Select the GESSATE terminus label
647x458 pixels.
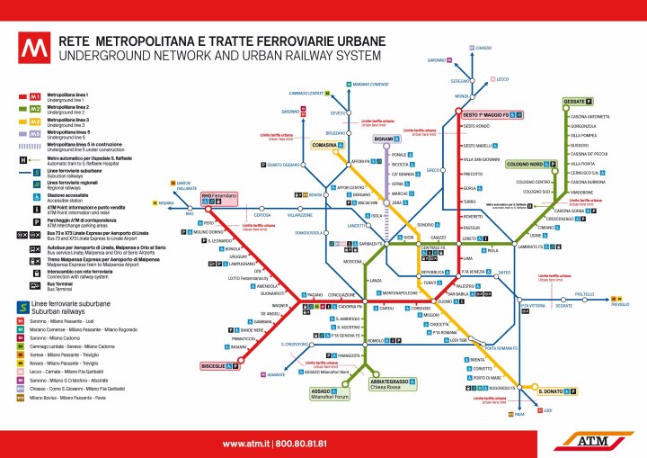[573, 102]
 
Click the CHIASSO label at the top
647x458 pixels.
[483, 47]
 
